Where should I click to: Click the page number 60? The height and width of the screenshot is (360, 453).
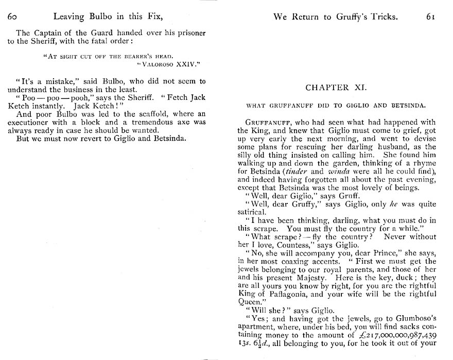tap(13, 17)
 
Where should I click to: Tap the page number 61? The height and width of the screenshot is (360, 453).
tap(430, 17)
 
